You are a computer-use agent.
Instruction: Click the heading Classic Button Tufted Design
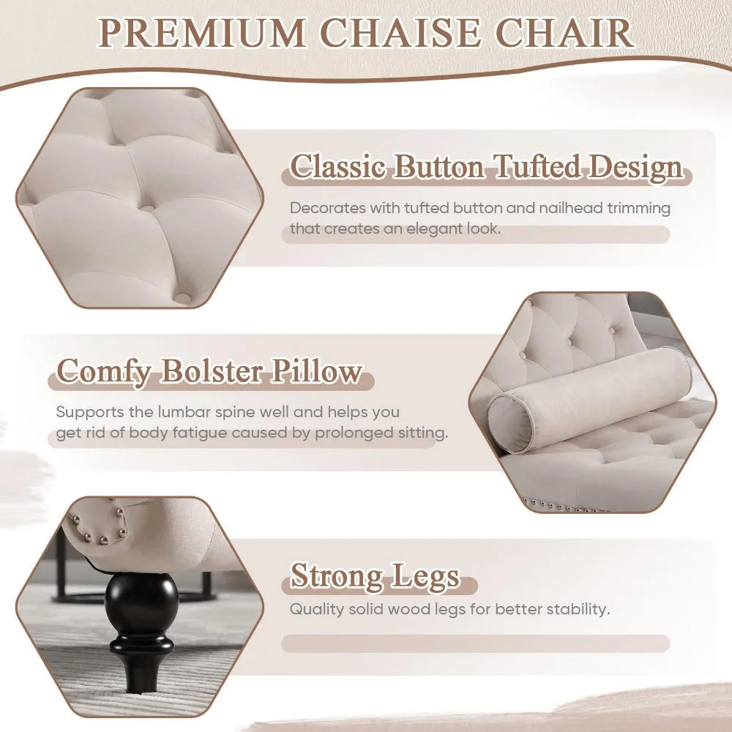[x=487, y=168]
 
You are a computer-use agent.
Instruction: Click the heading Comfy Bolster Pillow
[x=209, y=371]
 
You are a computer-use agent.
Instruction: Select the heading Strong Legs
[x=375, y=576]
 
